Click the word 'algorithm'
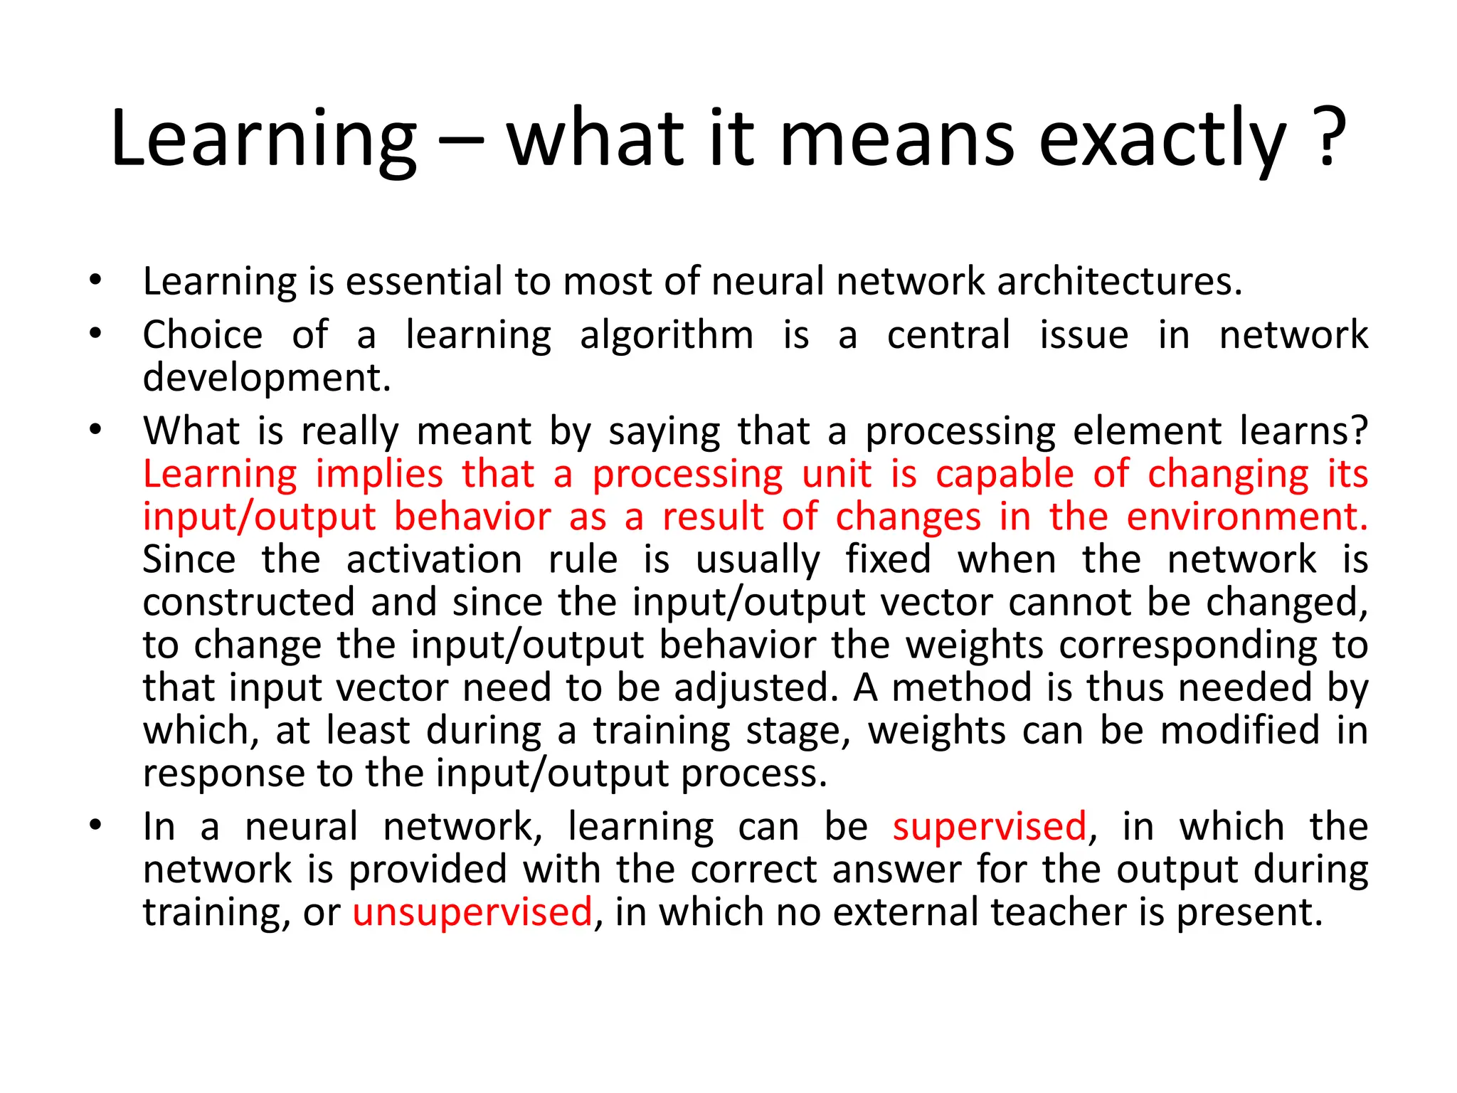pyautogui.click(x=667, y=336)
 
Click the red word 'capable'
pyautogui.click(x=1004, y=475)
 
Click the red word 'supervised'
pyautogui.click(x=990, y=827)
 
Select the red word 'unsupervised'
pyautogui.click(x=472, y=912)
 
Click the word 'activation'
pyautogui.click(x=435, y=560)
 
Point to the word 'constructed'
pyautogui.click(x=248, y=603)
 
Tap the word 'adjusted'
pyautogui.click(x=751, y=689)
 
